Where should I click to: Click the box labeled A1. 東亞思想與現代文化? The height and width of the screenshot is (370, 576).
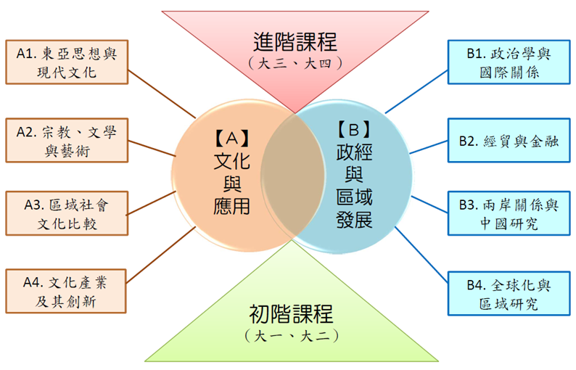66,62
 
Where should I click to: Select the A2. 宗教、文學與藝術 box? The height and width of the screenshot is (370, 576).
66,141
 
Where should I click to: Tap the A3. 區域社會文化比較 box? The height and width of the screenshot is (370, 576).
66,212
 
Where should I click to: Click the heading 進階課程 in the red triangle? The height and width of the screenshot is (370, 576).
295,41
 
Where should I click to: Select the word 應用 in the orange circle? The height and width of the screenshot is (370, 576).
232,206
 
